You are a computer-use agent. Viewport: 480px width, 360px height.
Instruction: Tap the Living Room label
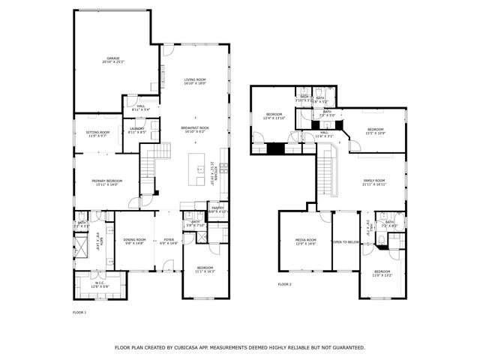195,81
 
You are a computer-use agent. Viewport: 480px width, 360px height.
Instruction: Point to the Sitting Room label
98,134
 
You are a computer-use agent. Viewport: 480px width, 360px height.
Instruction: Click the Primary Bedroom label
106,182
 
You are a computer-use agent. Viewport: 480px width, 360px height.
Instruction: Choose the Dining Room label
134,241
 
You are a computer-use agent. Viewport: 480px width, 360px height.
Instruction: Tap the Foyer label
169,241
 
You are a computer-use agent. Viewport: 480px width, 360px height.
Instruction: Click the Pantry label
217,210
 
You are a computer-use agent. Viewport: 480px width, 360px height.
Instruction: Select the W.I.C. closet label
100,285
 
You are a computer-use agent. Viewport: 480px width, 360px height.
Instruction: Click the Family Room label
374,181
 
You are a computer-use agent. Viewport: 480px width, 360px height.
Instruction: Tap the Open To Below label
346,242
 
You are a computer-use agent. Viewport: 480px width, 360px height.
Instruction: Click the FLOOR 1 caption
79,312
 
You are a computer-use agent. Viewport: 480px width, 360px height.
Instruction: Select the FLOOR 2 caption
284,285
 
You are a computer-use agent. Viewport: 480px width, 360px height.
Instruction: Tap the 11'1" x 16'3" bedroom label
205,269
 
